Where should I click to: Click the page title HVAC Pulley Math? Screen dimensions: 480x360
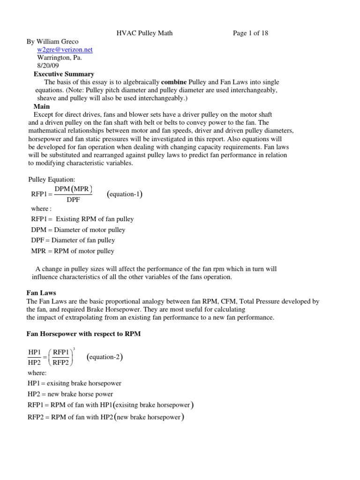[148, 33]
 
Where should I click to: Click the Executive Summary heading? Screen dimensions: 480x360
[64, 74]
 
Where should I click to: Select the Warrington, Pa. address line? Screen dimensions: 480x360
[60, 58]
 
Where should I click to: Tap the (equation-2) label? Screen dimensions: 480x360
[105, 358]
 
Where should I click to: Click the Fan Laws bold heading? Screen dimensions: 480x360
[41, 293]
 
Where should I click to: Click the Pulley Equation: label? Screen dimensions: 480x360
[48, 179]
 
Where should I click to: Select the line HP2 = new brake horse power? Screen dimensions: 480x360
[70, 394]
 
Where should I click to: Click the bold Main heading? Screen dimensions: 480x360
[42, 106]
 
